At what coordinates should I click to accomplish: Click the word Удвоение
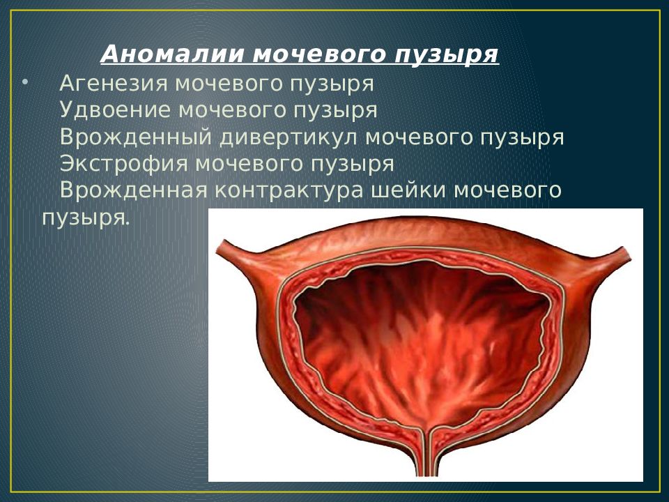click(x=115, y=109)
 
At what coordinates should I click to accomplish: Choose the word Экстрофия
click(x=124, y=163)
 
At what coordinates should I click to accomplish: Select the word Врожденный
click(x=137, y=137)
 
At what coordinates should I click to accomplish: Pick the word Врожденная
click(x=134, y=190)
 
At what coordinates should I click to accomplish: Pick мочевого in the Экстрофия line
click(x=249, y=165)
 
